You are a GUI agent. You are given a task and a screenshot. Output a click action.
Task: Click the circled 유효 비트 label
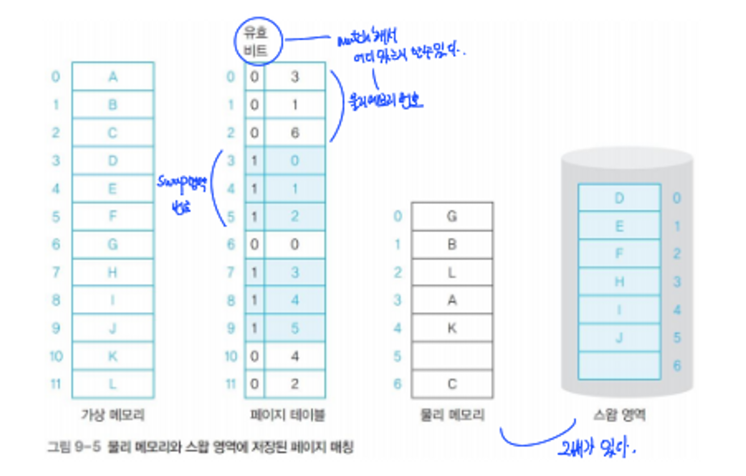click(257, 41)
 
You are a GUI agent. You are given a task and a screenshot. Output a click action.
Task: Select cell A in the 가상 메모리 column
click(113, 76)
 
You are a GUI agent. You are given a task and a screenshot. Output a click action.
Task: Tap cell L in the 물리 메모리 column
click(452, 272)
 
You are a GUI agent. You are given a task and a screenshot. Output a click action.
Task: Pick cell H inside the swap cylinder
click(619, 282)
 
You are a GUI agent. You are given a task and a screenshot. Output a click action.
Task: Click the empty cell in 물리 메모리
click(452, 356)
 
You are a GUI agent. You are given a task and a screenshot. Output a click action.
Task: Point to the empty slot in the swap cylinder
click(619, 365)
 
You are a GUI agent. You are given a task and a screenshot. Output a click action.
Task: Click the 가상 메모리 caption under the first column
click(113, 415)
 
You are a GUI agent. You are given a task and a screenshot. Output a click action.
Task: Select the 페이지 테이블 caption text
click(287, 415)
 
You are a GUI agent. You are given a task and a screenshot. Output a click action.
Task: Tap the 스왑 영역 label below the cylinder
click(619, 415)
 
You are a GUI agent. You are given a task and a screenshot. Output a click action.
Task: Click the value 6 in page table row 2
click(294, 133)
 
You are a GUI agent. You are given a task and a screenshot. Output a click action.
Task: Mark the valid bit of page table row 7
click(254, 272)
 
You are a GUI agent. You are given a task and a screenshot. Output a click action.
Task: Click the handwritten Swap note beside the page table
click(182, 192)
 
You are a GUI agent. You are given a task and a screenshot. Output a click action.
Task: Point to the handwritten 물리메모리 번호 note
click(385, 101)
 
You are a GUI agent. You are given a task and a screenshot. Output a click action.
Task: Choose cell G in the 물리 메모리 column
click(452, 216)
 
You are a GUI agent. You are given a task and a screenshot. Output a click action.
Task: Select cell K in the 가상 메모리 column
click(113, 356)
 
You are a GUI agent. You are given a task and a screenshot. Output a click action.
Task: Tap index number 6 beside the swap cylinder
click(677, 365)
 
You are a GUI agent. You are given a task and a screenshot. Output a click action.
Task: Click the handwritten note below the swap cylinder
click(597, 447)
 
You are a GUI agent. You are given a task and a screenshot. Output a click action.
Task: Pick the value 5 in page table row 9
click(294, 328)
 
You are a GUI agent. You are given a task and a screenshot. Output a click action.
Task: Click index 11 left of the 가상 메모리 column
click(56, 384)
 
